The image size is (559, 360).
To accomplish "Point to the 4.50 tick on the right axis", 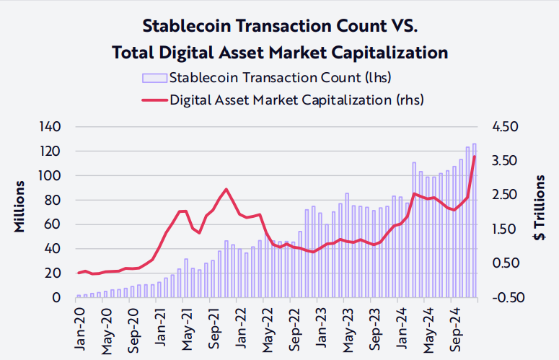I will (x=506, y=127).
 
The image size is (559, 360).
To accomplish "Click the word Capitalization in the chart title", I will (x=382, y=53).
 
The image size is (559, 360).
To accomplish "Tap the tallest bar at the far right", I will (x=475, y=220).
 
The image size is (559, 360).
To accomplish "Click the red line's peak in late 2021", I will (x=226, y=189).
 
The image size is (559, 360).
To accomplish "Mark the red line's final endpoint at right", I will (x=475, y=157).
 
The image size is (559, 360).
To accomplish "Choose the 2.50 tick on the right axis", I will (x=506, y=195).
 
